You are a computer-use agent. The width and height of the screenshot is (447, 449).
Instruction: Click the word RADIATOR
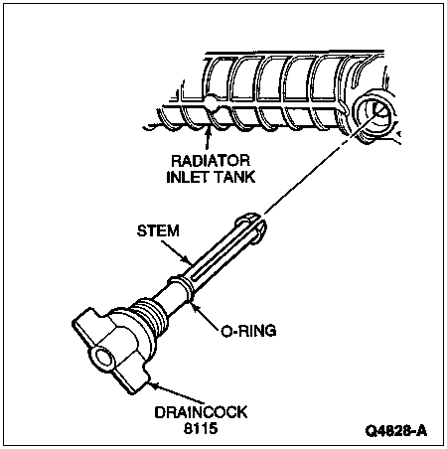tap(211, 161)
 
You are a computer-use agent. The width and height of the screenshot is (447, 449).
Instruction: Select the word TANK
tap(234, 177)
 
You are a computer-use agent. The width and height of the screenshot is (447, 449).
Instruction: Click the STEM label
tap(158, 230)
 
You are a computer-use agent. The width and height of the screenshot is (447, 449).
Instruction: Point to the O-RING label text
tap(248, 331)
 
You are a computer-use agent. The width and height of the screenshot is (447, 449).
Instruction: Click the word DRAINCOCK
tap(201, 412)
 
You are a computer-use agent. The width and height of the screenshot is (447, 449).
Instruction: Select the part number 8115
tap(201, 428)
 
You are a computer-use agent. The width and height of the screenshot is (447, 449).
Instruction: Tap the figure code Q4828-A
tap(396, 431)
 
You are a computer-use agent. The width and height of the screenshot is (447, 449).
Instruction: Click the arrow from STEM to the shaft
tap(177, 253)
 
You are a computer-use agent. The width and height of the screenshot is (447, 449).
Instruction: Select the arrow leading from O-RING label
tap(206, 316)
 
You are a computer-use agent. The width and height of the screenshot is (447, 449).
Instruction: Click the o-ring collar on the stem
tap(182, 287)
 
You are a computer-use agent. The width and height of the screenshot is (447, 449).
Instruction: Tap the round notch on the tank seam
tap(212, 100)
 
